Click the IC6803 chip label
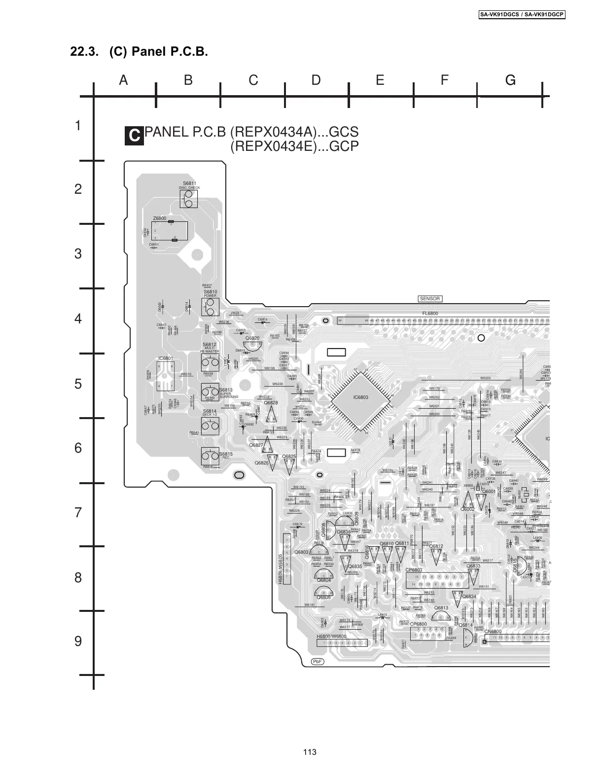[361, 397]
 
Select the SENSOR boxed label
[430, 299]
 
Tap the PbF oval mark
[318, 661]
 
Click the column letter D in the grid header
[316, 80]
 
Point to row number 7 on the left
[78, 513]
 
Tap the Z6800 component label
[160, 218]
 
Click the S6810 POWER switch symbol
[210, 308]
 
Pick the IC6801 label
[165, 358]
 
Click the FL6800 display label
[430, 314]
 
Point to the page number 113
[310, 752]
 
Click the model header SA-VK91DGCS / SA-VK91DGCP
[522, 15]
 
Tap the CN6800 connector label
[493, 632]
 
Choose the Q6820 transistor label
[252, 338]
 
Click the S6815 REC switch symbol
[210, 454]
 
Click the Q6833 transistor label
[473, 566]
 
